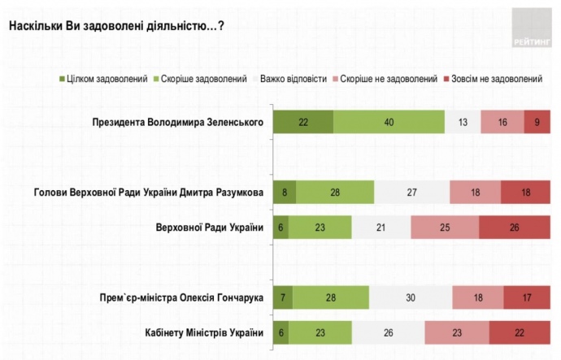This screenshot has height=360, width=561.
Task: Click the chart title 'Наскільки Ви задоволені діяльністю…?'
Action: tap(117, 25)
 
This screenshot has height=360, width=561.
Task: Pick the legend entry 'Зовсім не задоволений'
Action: tap(492, 79)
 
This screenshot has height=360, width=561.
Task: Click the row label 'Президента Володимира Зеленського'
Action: tap(180, 122)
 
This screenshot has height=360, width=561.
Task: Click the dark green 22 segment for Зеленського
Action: tap(302, 122)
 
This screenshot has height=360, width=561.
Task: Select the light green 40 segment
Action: tap(389, 122)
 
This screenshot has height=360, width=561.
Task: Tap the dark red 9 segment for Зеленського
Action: tap(537, 122)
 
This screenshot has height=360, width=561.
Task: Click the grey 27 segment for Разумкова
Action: tap(411, 192)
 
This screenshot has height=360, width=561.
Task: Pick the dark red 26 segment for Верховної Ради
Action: tap(514, 226)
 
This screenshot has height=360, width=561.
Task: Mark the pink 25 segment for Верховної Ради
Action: tap(445, 226)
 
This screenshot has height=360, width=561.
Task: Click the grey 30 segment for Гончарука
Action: tap(411, 298)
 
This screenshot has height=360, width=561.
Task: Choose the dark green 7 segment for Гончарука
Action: tap(282, 298)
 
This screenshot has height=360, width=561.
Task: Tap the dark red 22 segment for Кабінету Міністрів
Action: tap(520, 332)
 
